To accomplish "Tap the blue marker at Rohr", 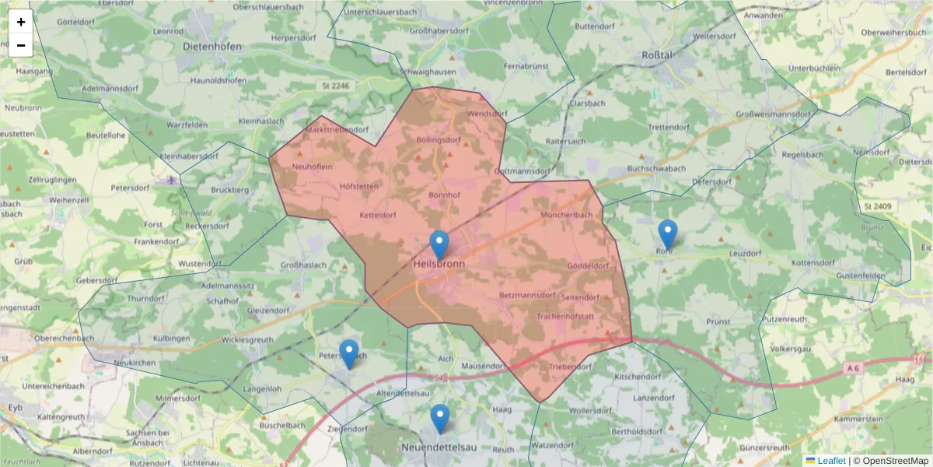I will (x=667, y=233).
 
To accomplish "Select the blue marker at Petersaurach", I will (x=349, y=353).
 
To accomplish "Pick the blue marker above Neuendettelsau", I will (x=440, y=418).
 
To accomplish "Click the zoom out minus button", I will (x=21, y=45).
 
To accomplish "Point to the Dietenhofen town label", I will (x=212, y=47).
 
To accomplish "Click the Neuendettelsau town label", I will (x=441, y=448).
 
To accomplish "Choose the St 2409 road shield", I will (x=875, y=208).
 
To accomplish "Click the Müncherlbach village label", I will (x=567, y=215).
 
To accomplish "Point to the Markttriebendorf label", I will (x=337, y=129).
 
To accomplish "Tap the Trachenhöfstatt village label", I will (x=565, y=317).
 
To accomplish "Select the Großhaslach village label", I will (x=303, y=265).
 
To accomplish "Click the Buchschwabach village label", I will (x=656, y=168).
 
